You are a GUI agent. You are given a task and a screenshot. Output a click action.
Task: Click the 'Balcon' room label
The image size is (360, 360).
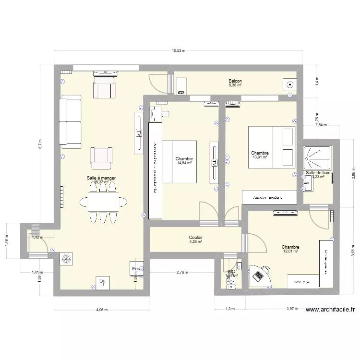(x=235, y=82)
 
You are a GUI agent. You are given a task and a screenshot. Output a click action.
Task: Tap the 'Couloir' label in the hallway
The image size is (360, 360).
(x=195, y=237)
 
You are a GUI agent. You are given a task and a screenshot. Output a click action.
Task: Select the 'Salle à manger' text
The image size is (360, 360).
(x=101, y=178)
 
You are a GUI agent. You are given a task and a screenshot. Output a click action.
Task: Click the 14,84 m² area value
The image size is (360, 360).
(x=184, y=163)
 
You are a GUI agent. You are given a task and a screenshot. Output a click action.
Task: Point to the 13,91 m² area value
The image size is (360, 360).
(x=260, y=157)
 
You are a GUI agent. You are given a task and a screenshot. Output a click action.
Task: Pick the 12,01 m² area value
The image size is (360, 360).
(x=291, y=251)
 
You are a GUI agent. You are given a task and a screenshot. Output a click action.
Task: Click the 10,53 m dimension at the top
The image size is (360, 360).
(x=179, y=50)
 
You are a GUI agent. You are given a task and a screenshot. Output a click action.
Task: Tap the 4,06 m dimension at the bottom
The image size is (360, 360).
(x=101, y=310)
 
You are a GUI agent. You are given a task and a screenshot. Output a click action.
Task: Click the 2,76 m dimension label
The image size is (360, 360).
(x=181, y=272)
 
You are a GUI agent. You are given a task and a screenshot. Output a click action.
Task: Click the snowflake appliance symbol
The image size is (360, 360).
(x=65, y=259)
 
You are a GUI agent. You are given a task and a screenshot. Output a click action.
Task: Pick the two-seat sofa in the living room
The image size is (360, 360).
(x=70, y=121)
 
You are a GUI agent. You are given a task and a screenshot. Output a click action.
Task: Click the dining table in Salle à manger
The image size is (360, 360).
(x=103, y=202)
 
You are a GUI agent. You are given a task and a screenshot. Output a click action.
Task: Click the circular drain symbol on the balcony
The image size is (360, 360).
(x=289, y=85)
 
